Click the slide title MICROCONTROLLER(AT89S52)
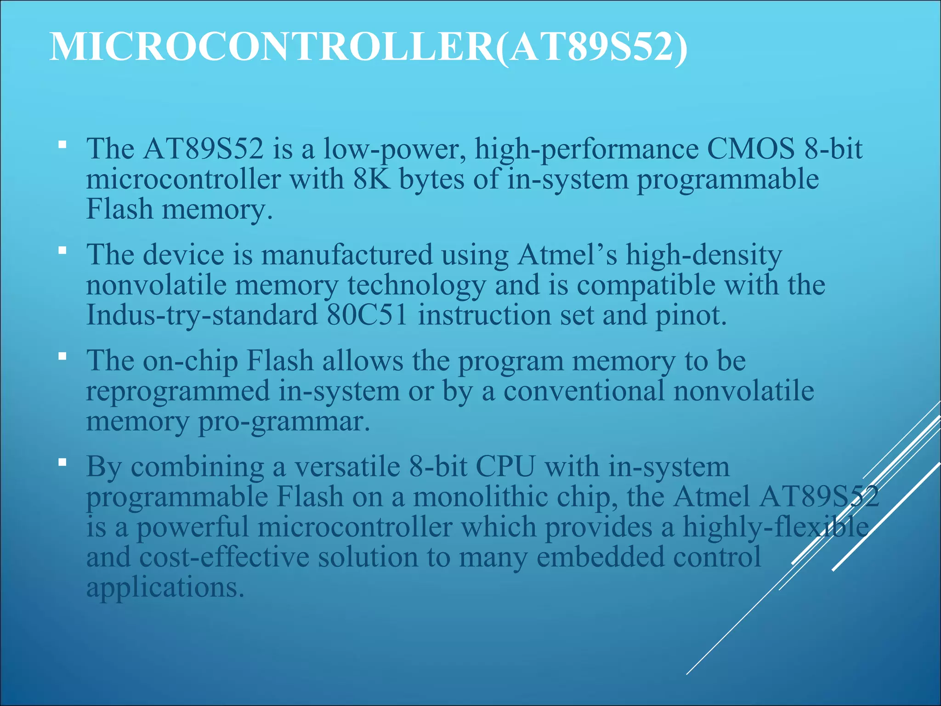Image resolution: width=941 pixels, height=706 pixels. coord(368,47)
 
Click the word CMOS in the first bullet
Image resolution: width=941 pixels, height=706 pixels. coord(750,149)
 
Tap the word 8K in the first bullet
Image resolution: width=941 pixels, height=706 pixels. coord(372,179)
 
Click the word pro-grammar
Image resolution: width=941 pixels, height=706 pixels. coord(283,421)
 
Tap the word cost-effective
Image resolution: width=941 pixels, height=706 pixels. coord(224,557)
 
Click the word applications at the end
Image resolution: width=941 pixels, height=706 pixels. coord(164,588)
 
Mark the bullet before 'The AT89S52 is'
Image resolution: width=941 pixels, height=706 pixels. coord(62,146)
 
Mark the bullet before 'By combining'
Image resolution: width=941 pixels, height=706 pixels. coord(62,461)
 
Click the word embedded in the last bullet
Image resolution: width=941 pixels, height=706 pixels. coord(600,557)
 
